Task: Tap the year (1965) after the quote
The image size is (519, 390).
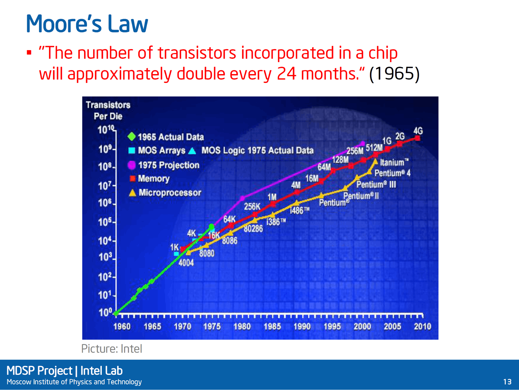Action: [x=394, y=74]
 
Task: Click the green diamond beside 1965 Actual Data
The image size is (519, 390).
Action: [x=132, y=136]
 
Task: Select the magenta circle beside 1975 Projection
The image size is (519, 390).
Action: [x=132, y=165]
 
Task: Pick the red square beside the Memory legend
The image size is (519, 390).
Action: [x=132, y=178]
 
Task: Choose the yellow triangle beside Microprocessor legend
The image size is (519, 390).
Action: [x=132, y=193]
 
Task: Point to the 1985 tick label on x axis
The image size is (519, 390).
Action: [x=272, y=327]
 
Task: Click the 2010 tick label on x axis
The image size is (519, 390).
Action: [x=422, y=327]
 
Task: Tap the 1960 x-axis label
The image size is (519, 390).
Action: [x=122, y=327]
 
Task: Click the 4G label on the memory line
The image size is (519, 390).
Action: [x=418, y=131]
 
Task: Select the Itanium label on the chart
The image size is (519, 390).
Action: [x=394, y=162]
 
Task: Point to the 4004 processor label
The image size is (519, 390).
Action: [x=186, y=263]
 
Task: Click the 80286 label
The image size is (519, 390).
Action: [x=253, y=229]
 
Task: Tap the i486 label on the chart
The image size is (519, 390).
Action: [x=300, y=210]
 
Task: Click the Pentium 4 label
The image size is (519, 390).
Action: [x=392, y=173]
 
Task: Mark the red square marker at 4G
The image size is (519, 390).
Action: [x=417, y=138]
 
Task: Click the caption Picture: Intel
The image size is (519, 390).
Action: [x=112, y=349]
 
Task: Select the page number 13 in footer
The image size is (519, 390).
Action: [x=507, y=382]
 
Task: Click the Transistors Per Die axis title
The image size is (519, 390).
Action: [x=108, y=110]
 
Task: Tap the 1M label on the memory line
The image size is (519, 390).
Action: [x=272, y=197]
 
